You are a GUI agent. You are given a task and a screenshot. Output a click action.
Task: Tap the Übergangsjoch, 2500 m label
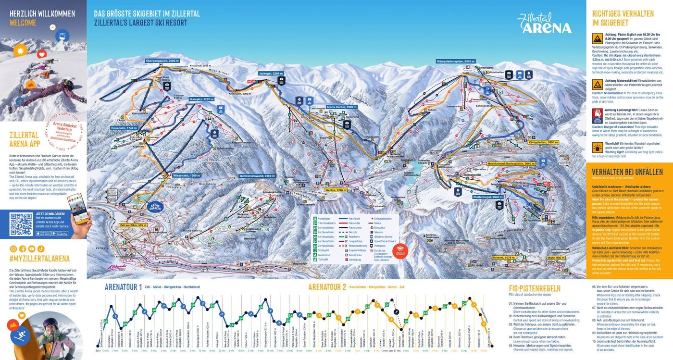163,61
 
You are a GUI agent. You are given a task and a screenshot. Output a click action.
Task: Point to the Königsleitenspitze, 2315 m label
456,61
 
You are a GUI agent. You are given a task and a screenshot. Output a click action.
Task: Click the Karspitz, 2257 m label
201,99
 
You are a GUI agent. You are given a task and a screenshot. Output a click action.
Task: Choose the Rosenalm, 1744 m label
124,128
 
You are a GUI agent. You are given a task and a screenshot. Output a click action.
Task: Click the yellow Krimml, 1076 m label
503,258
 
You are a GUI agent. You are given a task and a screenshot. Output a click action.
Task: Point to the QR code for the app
21,224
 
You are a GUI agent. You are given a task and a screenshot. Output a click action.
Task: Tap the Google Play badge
60,234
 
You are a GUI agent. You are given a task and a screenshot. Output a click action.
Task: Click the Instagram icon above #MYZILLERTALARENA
13,248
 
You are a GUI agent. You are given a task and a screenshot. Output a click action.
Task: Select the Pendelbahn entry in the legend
323,219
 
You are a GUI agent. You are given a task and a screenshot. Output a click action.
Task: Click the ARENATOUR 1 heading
124,287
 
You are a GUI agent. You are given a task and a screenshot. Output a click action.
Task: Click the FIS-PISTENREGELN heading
535,288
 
